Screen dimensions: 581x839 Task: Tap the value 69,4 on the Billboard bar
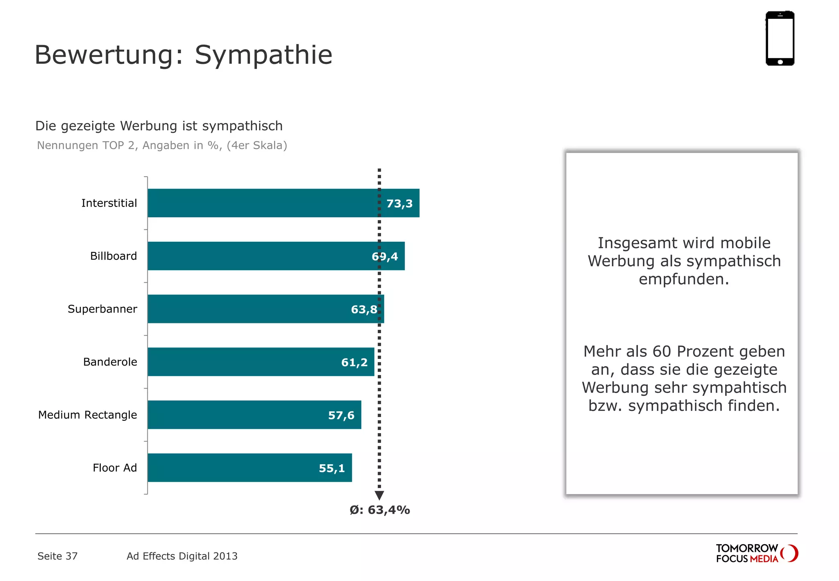(385, 256)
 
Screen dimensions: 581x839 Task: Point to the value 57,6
(341, 415)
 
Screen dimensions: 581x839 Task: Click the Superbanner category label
(102, 309)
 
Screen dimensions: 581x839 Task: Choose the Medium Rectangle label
(88, 415)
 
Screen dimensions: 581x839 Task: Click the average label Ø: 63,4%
(380, 510)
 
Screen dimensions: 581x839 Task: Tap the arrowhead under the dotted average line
(379, 495)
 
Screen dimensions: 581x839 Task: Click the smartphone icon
(780, 38)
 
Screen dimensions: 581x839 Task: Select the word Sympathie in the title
(263, 55)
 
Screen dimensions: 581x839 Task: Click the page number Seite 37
(57, 556)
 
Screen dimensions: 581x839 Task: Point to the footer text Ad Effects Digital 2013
(182, 556)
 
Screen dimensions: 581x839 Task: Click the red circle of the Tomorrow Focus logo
(790, 553)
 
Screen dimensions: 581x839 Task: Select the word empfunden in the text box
(683, 279)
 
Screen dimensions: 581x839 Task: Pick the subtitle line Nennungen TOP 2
(162, 145)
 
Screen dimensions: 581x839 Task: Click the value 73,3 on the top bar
(399, 204)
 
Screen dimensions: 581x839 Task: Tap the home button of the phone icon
(780, 62)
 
